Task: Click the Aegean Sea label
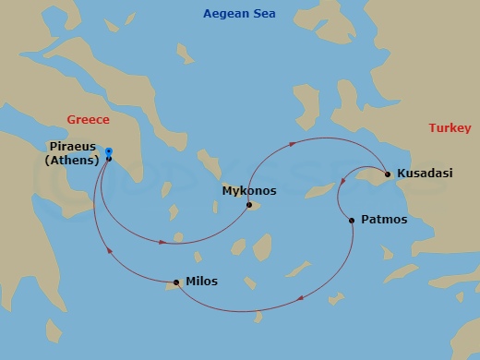click(239, 14)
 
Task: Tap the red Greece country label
click(89, 120)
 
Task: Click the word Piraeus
click(71, 146)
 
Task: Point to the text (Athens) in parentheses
click(71, 162)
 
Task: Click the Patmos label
click(383, 220)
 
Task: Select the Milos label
click(201, 282)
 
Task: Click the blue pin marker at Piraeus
click(109, 151)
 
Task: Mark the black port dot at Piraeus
click(109, 159)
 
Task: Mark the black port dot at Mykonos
click(248, 205)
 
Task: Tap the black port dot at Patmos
click(351, 221)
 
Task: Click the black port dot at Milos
click(175, 282)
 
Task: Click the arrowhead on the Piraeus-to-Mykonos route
click(163, 242)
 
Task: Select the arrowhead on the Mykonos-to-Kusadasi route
click(293, 143)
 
